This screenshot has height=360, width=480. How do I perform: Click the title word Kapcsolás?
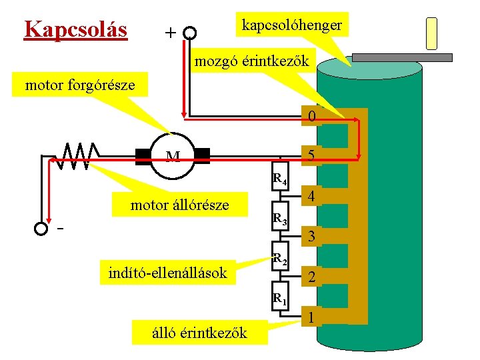pyautogui.click(x=75, y=30)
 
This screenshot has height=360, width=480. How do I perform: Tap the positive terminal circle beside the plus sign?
pyautogui.click(x=190, y=33)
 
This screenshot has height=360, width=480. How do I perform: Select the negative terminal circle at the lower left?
pyautogui.click(x=41, y=229)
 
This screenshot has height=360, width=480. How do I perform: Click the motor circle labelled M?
pyautogui.click(x=173, y=157)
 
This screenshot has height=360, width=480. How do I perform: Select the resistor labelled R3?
pyautogui.click(x=279, y=216)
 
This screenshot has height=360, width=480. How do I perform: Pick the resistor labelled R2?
pyautogui.click(x=279, y=256)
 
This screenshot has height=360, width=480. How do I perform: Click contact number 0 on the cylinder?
pyautogui.click(x=311, y=117)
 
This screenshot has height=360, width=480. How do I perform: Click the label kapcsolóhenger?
pyautogui.click(x=292, y=25)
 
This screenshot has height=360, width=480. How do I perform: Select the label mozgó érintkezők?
pyautogui.click(x=251, y=61)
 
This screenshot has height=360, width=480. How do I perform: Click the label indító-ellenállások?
pyautogui.click(x=167, y=272)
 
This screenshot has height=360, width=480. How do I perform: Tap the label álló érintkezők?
pyautogui.click(x=199, y=332)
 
